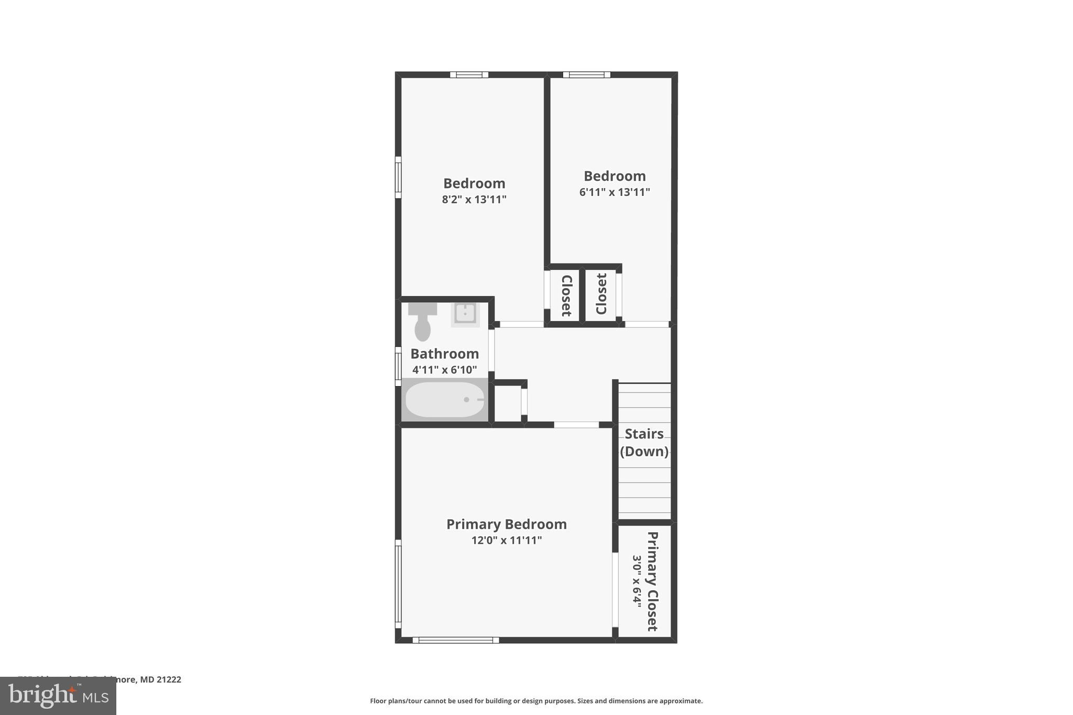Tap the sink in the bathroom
click(465, 314)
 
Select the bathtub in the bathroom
click(444, 400)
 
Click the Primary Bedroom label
click(506, 524)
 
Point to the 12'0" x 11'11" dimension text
click(506, 540)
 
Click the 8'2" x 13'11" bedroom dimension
click(474, 200)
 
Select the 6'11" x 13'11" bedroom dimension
click(615, 192)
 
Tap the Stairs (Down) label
click(644, 443)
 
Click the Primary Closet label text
click(652, 581)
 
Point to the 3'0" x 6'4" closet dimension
click(637, 581)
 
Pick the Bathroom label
click(444, 354)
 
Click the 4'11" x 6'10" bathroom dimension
click(444, 370)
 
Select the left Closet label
click(566, 295)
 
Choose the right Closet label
click(601, 294)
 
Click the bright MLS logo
click(58, 696)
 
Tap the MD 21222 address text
click(160, 679)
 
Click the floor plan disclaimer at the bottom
click(536, 701)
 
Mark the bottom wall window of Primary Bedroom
click(455, 640)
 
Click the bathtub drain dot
click(466, 400)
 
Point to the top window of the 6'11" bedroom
click(586, 74)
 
